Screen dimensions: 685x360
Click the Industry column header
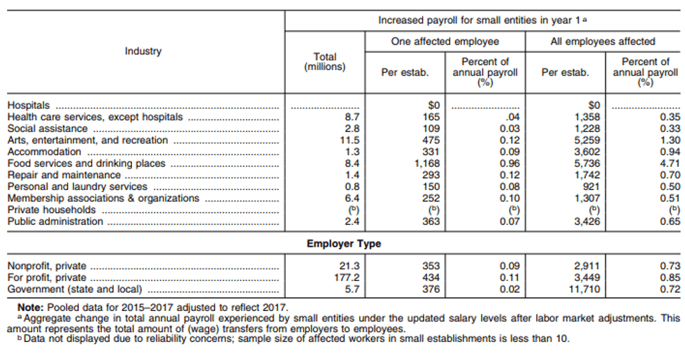pos(143,51)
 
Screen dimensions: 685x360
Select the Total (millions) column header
pos(324,62)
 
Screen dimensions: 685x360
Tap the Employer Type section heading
pos(344,243)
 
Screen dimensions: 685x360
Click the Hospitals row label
pos(29,106)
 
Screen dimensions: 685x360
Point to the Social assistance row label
pos(48,129)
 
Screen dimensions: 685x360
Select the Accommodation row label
pos(44,152)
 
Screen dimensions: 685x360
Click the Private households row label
pos(52,210)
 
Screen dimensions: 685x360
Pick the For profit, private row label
pos(47,278)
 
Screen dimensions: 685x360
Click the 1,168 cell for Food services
pos(427,164)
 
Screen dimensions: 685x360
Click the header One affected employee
pos(445,41)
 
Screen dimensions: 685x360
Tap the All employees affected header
pos(603,41)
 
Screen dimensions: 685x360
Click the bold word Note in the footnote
pos(31,308)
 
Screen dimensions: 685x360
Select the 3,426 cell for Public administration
pos(587,222)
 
